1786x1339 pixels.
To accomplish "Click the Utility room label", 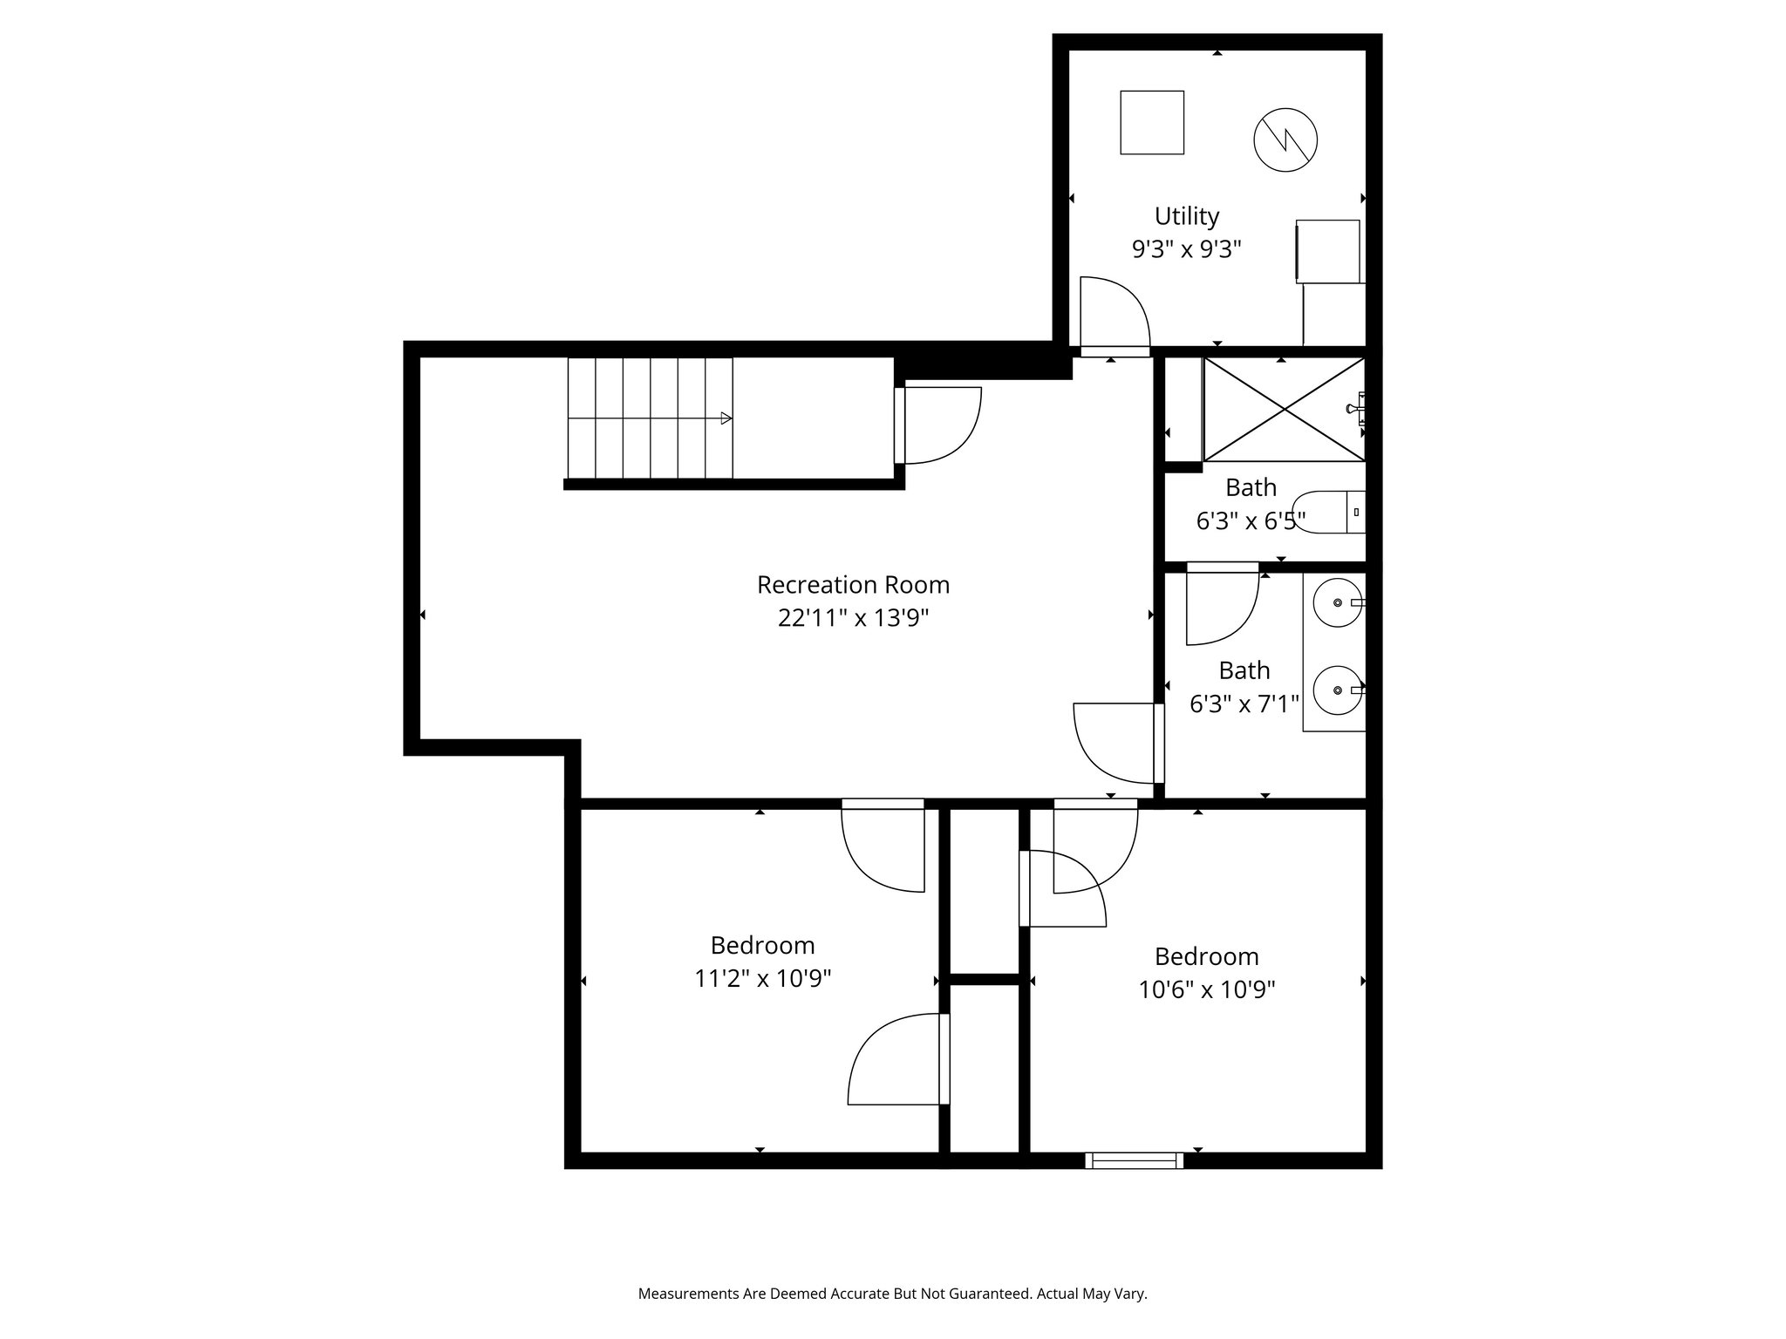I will tap(1186, 216).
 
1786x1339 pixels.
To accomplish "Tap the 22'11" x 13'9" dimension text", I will tap(853, 618).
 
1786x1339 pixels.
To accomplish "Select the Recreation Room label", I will tap(853, 584).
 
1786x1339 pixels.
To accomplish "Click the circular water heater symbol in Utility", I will tap(1285, 139).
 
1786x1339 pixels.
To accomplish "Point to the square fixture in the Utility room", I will tap(1151, 123).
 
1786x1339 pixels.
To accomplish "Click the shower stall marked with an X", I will tap(1284, 408).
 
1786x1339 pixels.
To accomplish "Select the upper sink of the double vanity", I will tap(1338, 603).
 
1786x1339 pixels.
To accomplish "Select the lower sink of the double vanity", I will tap(1338, 690).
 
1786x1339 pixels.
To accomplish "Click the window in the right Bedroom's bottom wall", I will tap(1134, 1159).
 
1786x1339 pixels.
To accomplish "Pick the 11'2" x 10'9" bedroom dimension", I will tap(762, 979).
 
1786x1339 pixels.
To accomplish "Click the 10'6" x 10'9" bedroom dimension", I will tap(1207, 989).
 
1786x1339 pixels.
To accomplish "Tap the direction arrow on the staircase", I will tap(726, 418).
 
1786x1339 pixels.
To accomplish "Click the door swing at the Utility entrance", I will tap(1114, 314).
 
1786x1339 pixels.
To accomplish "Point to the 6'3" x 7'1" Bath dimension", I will tap(1244, 703).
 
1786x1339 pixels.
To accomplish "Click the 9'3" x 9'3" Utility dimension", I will tap(1186, 250).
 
